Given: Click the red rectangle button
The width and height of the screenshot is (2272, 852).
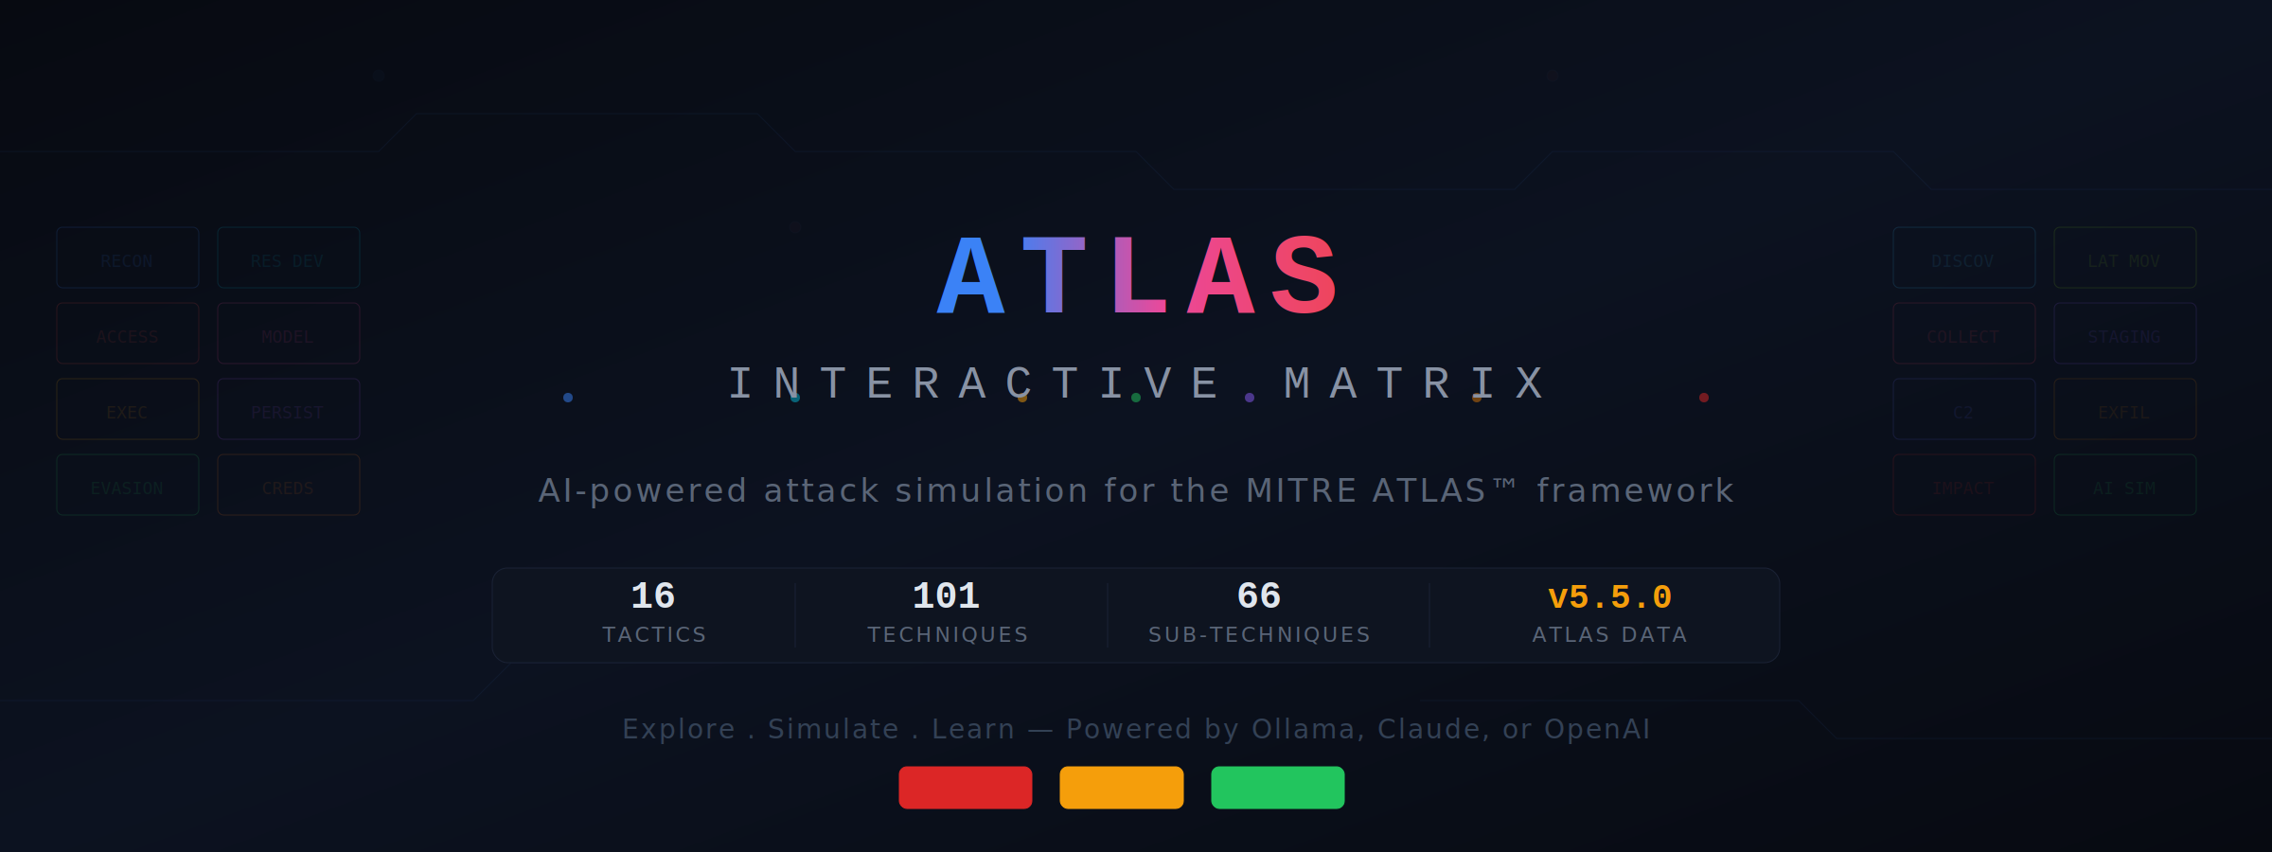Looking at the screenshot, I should click(x=965, y=788).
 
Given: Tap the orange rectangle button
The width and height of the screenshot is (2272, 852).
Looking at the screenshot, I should click(x=1121, y=788).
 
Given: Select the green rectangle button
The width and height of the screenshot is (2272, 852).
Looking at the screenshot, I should click(x=1277, y=788).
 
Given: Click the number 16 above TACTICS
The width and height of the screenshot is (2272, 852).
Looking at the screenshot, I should click(x=653, y=596).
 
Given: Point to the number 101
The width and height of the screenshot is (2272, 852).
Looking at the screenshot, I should click(x=946, y=596).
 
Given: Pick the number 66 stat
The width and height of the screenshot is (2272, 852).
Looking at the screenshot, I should click(x=1259, y=596).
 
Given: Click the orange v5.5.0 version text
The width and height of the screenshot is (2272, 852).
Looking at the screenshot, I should click(x=1609, y=597).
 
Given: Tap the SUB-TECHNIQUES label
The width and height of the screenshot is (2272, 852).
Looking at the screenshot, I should click(x=1259, y=634).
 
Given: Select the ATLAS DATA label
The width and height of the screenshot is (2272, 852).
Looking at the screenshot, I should click(x=1609, y=634).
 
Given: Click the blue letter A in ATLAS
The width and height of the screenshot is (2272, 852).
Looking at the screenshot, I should click(x=970, y=276).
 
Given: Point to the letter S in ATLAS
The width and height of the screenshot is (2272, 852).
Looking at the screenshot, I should click(x=1305, y=276).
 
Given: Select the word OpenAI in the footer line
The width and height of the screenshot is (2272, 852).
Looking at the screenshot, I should click(x=1597, y=729).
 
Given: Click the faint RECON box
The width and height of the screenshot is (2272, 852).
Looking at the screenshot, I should click(x=128, y=257).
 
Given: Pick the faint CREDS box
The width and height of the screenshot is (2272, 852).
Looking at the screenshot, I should click(x=289, y=485).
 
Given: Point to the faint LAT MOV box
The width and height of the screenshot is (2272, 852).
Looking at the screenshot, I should click(x=2124, y=257).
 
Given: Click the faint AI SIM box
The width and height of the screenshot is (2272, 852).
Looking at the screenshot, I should click(x=2124, y=485).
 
